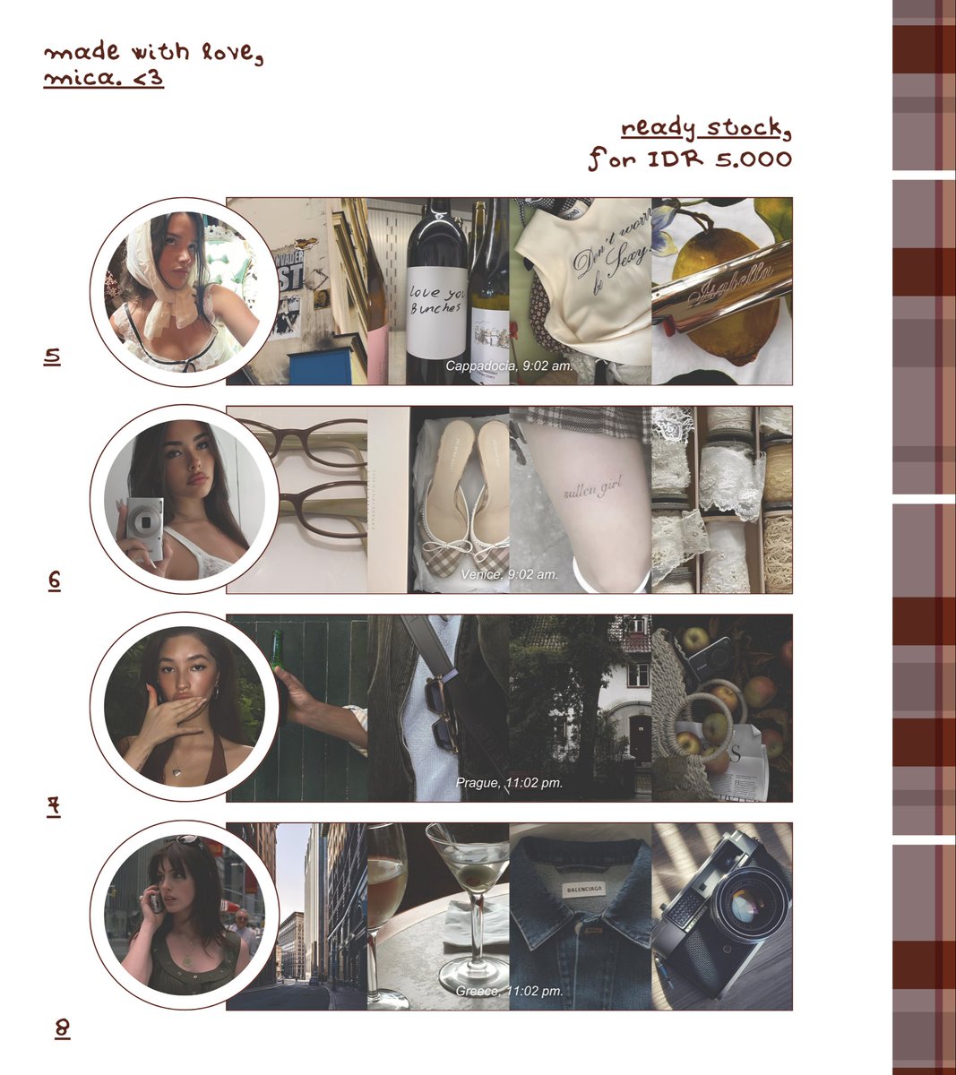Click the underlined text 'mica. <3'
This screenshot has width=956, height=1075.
(x=103, y=79)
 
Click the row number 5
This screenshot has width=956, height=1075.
(x=52, y=357)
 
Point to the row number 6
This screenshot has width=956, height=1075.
(x=54, y=580)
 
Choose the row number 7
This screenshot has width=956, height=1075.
(x=54, y=806)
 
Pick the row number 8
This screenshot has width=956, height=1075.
(x=62, y=1028)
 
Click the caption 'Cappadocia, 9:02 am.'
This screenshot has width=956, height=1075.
(x=508, y=366)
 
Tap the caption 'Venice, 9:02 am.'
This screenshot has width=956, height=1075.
(x=509, y=574)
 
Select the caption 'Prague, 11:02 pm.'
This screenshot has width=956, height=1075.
(x=509, y=783)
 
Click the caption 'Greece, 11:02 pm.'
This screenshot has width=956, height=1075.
(x=509, y=991)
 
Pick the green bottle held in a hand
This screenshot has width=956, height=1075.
(x=277, y=653)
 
